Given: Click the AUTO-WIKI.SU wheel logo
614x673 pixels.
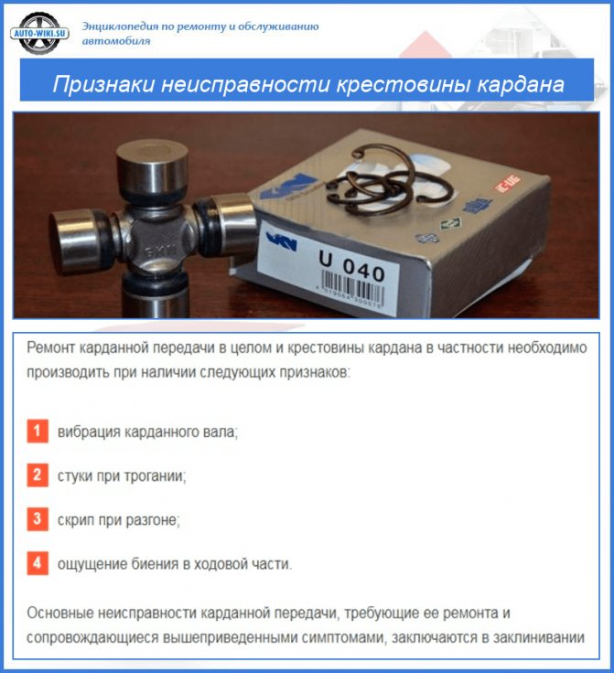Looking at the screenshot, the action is tap(39, 33).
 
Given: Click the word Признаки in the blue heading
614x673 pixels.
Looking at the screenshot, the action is tap(103, 84).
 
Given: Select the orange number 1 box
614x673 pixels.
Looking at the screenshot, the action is tap(38, 431).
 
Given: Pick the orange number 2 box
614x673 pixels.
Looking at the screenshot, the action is tap(38, 475).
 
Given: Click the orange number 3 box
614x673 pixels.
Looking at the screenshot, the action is tap(38, 519).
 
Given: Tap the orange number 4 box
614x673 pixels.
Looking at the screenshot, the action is tap(38, 563).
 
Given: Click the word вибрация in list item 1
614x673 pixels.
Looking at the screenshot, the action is tap(89, 432).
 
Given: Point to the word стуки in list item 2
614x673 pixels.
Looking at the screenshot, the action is tap(75, 476).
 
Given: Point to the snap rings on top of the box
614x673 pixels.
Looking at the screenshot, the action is tap(389, 180).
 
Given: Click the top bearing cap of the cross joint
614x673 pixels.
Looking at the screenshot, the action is tap(152, 166).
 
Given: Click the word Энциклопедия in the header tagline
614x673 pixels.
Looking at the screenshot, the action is tap(121, 27).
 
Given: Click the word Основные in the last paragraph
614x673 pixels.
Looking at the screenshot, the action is tap(59, 613).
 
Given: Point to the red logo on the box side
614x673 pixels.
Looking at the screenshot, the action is tap(508, 183).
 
